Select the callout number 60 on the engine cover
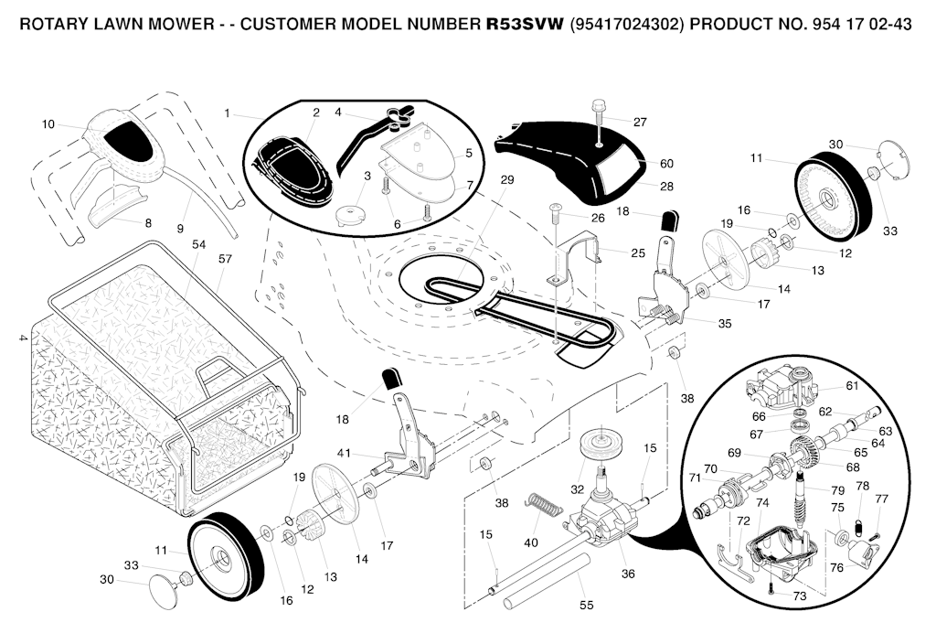click(666, 164)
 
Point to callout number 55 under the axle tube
click(586, 605)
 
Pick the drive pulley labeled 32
click(600, 445)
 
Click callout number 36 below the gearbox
click(627, 574)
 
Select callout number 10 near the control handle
click(48, 123)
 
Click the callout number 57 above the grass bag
click(226, 259)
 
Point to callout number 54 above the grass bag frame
click(198, 244)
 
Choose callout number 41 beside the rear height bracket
click(344, 453)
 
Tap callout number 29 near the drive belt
click(507, 181)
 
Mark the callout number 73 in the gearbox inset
click(800, 596)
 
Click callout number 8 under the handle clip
click(147, 222)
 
